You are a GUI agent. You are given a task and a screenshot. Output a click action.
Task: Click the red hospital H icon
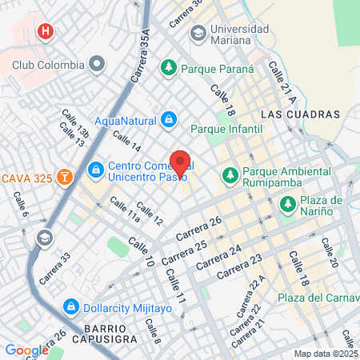[46, 32]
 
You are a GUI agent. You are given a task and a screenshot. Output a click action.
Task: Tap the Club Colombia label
[48, 64]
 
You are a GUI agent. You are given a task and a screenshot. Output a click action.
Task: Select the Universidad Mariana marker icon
[198, 34]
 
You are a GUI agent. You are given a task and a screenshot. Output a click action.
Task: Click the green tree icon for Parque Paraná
[169, 67]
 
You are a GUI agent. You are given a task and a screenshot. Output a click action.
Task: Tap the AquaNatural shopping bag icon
[169, 121]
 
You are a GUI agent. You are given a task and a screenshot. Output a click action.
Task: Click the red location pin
[180, 162]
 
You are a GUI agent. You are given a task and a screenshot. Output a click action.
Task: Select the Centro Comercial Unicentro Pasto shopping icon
[95, 169]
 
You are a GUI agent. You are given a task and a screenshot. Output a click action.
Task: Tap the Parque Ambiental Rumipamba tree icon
[230, 173]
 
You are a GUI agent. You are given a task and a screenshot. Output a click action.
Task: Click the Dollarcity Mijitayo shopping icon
[70, 306]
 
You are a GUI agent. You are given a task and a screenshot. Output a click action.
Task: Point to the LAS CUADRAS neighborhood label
[300, 114]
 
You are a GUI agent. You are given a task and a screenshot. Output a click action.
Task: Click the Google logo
[26, 350]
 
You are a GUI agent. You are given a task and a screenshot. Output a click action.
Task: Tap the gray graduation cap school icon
[44, 238]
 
